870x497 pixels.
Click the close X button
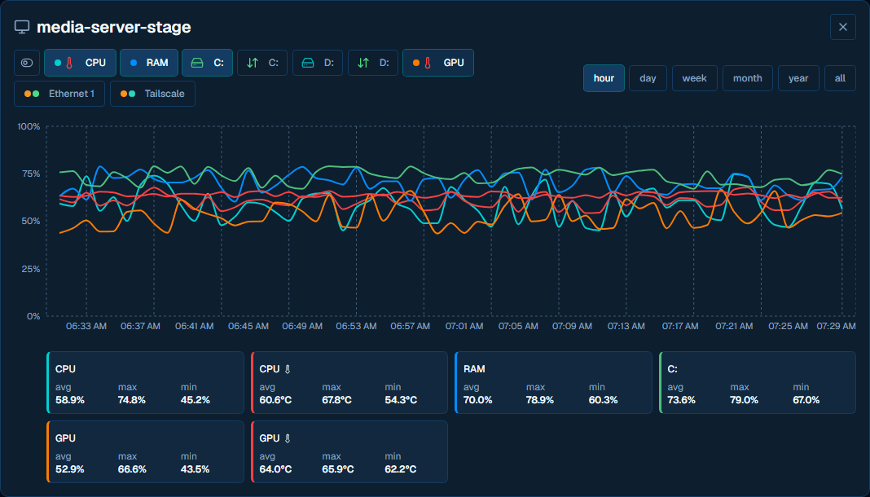843,27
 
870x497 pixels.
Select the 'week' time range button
695,78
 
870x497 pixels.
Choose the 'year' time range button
798,78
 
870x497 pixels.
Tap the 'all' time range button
840,78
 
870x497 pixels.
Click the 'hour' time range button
604,78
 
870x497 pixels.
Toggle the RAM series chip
149,63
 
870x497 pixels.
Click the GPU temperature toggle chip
438,63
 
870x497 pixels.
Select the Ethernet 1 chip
59,94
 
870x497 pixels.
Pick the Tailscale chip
152,94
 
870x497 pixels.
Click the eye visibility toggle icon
27,63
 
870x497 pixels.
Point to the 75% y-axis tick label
30,174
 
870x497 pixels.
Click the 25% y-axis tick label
30,269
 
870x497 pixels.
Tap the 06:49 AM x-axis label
302,326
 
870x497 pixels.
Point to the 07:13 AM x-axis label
626,326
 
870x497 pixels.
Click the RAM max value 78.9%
540,400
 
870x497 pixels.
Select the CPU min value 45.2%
196,400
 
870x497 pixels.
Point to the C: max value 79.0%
744,400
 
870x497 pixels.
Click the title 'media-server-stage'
114,27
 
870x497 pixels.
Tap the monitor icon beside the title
22,27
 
